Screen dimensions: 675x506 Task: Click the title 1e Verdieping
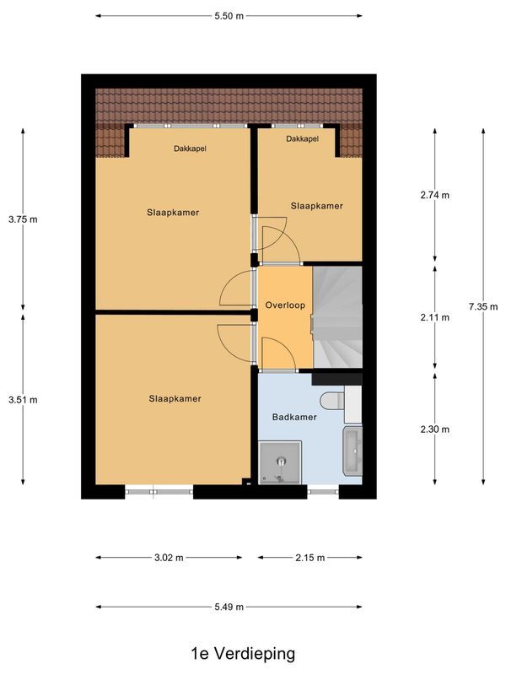tap(243, 653)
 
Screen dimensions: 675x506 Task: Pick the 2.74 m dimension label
tap(435, 195)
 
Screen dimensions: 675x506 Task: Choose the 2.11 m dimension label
tap(435, 317)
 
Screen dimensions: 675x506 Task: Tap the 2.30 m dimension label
tap(435, 429)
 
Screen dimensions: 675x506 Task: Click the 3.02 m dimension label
tap(169, 558)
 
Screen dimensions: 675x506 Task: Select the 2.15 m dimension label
tap(310, 558)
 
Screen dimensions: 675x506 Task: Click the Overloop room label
tap(284, 305)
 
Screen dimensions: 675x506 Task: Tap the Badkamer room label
tap(293, 418)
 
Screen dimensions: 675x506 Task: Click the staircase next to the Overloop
tap(337, 317)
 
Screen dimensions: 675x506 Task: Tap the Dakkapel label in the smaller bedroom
tap(302, 138)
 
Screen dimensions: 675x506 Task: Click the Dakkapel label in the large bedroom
tap(190, 148)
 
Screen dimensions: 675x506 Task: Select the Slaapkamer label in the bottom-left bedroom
tap(175, 399)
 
